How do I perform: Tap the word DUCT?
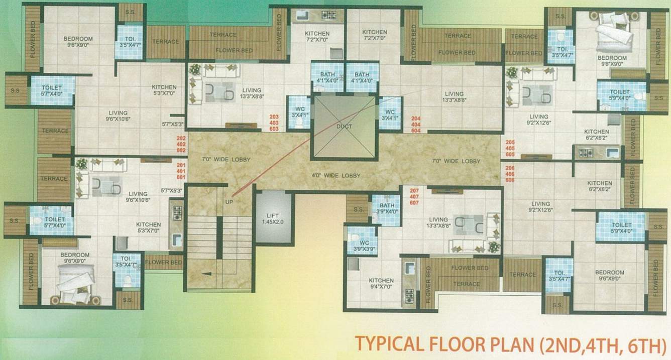pos(344,126)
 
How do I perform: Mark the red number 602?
pos(181,150)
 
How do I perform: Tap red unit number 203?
pos(274,116)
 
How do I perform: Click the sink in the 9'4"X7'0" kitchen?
pos(409,268)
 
